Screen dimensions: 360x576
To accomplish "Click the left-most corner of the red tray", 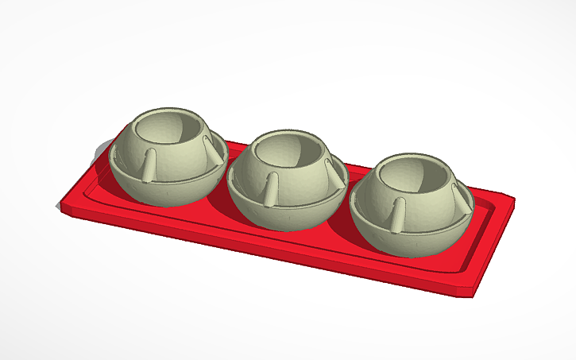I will pyautogui.click(x=60, y=207).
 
